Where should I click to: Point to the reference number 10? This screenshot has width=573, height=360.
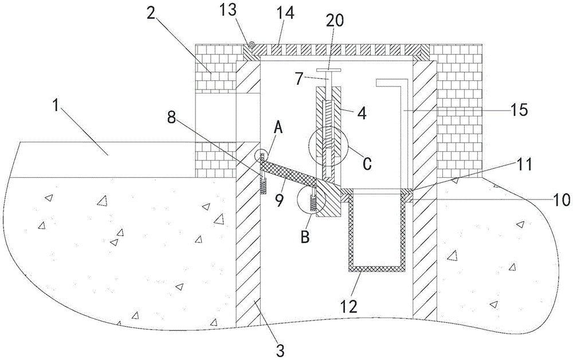click(560, 199)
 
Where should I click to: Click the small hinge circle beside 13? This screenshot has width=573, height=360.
click(251, 44)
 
